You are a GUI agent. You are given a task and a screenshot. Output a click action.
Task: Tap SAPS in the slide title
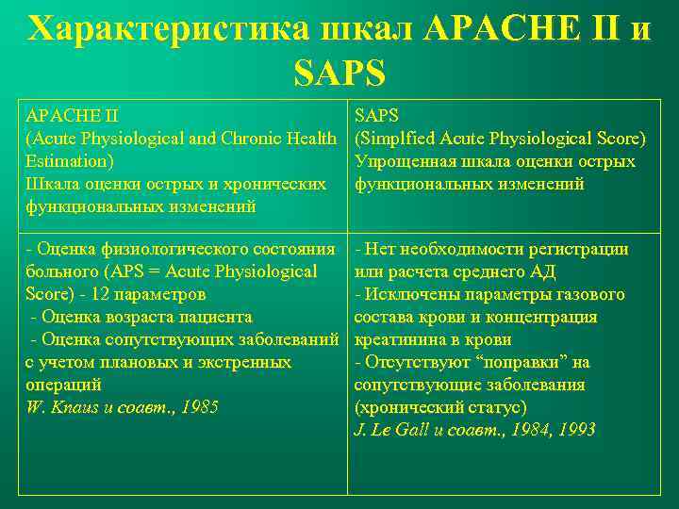tap(339, 72)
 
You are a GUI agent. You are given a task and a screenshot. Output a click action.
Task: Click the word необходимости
tap(469, 250)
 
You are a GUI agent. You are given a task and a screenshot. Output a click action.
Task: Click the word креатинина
tap(399, 340)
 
